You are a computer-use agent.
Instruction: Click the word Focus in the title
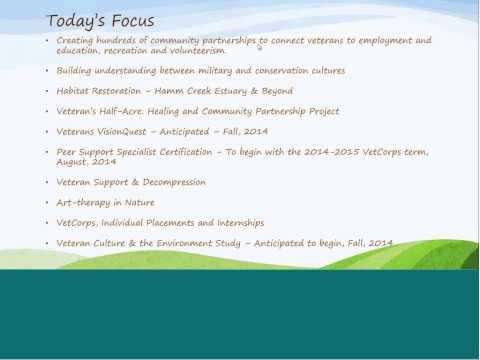[133, 21]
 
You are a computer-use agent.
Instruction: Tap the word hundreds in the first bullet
[116, 40]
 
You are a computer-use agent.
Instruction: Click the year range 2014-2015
[332, 152]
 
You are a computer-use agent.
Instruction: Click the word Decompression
[174, 182]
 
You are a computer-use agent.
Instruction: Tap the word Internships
[241, 223]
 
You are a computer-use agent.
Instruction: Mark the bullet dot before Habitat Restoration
[47, 91]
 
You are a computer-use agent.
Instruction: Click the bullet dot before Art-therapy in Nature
[47, 202]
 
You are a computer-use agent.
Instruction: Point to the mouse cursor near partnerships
[260, 47]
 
